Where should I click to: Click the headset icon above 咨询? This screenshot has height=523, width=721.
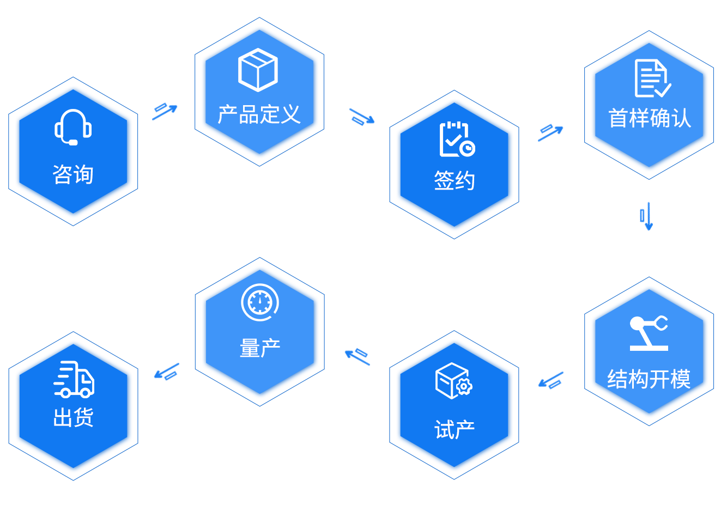click(73, 127)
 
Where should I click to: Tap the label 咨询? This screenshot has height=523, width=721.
click(73, 174)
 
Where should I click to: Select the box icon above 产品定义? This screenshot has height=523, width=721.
click(258, 70)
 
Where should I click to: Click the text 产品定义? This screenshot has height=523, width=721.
click(259, 114)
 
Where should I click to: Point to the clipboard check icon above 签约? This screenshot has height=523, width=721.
click(457, 139)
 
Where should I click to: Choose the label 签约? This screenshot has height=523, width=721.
click(454, 180)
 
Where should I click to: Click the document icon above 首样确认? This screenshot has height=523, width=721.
click(653, 78)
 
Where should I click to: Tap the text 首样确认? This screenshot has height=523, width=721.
click(650, 118)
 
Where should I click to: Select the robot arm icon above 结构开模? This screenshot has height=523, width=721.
click(649, 333)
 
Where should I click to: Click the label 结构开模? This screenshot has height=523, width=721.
click(649, 379)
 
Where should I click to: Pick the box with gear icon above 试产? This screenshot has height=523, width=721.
click(454, 381)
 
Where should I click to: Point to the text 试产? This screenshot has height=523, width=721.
click(455, 430)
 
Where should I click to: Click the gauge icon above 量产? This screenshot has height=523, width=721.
click(260, 302)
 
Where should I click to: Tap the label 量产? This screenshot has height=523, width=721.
click(260, 348)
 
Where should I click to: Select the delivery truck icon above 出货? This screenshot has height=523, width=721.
click(74, 380)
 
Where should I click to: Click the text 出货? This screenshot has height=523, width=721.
click(74, 417)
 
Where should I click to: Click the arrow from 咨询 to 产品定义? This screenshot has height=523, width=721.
click(165, 112)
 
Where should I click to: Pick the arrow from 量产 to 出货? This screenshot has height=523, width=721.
click(167, 372)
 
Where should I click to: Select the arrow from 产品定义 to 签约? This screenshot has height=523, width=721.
click(362, 117)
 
